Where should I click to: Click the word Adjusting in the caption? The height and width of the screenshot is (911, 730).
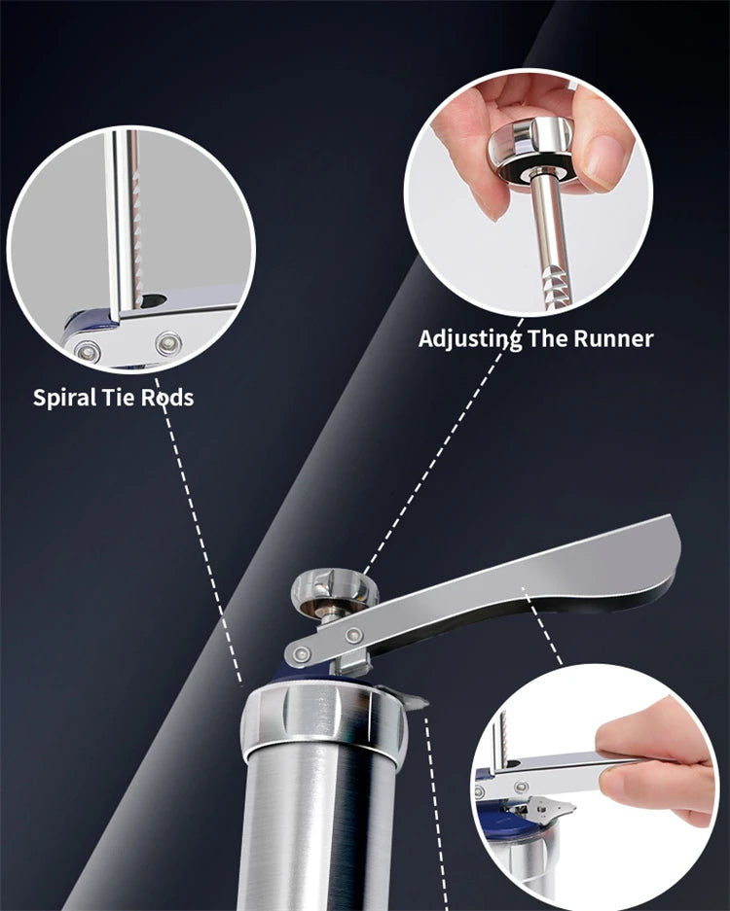(x=469, y=338)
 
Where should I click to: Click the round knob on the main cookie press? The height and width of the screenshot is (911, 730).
(x=333, y=591)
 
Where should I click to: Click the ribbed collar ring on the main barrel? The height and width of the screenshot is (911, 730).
(x=323, y=719)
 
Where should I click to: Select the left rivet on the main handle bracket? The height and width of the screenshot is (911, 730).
(x=302, y=654)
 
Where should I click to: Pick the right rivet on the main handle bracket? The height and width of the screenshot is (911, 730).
(x=353, y=636)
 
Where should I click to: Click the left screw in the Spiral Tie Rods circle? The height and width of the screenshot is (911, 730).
(x=88, y=351)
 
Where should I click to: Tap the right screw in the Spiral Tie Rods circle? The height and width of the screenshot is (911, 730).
(x=168, y=343)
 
